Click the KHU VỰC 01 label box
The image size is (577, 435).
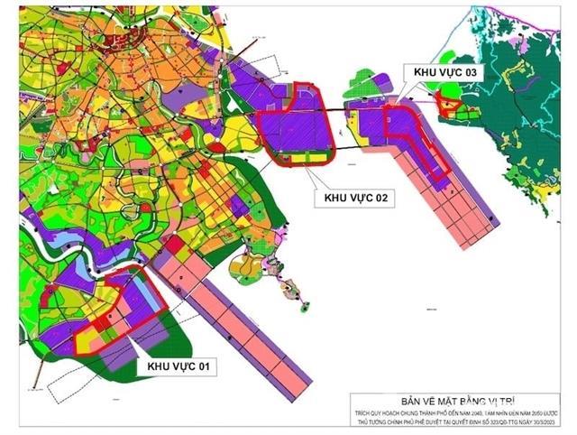pyautogui.click(x=179, y=366)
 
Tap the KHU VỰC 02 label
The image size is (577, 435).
pyautogui.click(x=354, y=199)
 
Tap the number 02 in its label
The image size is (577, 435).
pyautogui.click(x=382, y=199)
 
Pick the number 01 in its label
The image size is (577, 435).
pyautogui.click(x=206, y=366)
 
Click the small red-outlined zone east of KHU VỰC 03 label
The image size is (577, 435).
pyautogui.click(x=448, y=107)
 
